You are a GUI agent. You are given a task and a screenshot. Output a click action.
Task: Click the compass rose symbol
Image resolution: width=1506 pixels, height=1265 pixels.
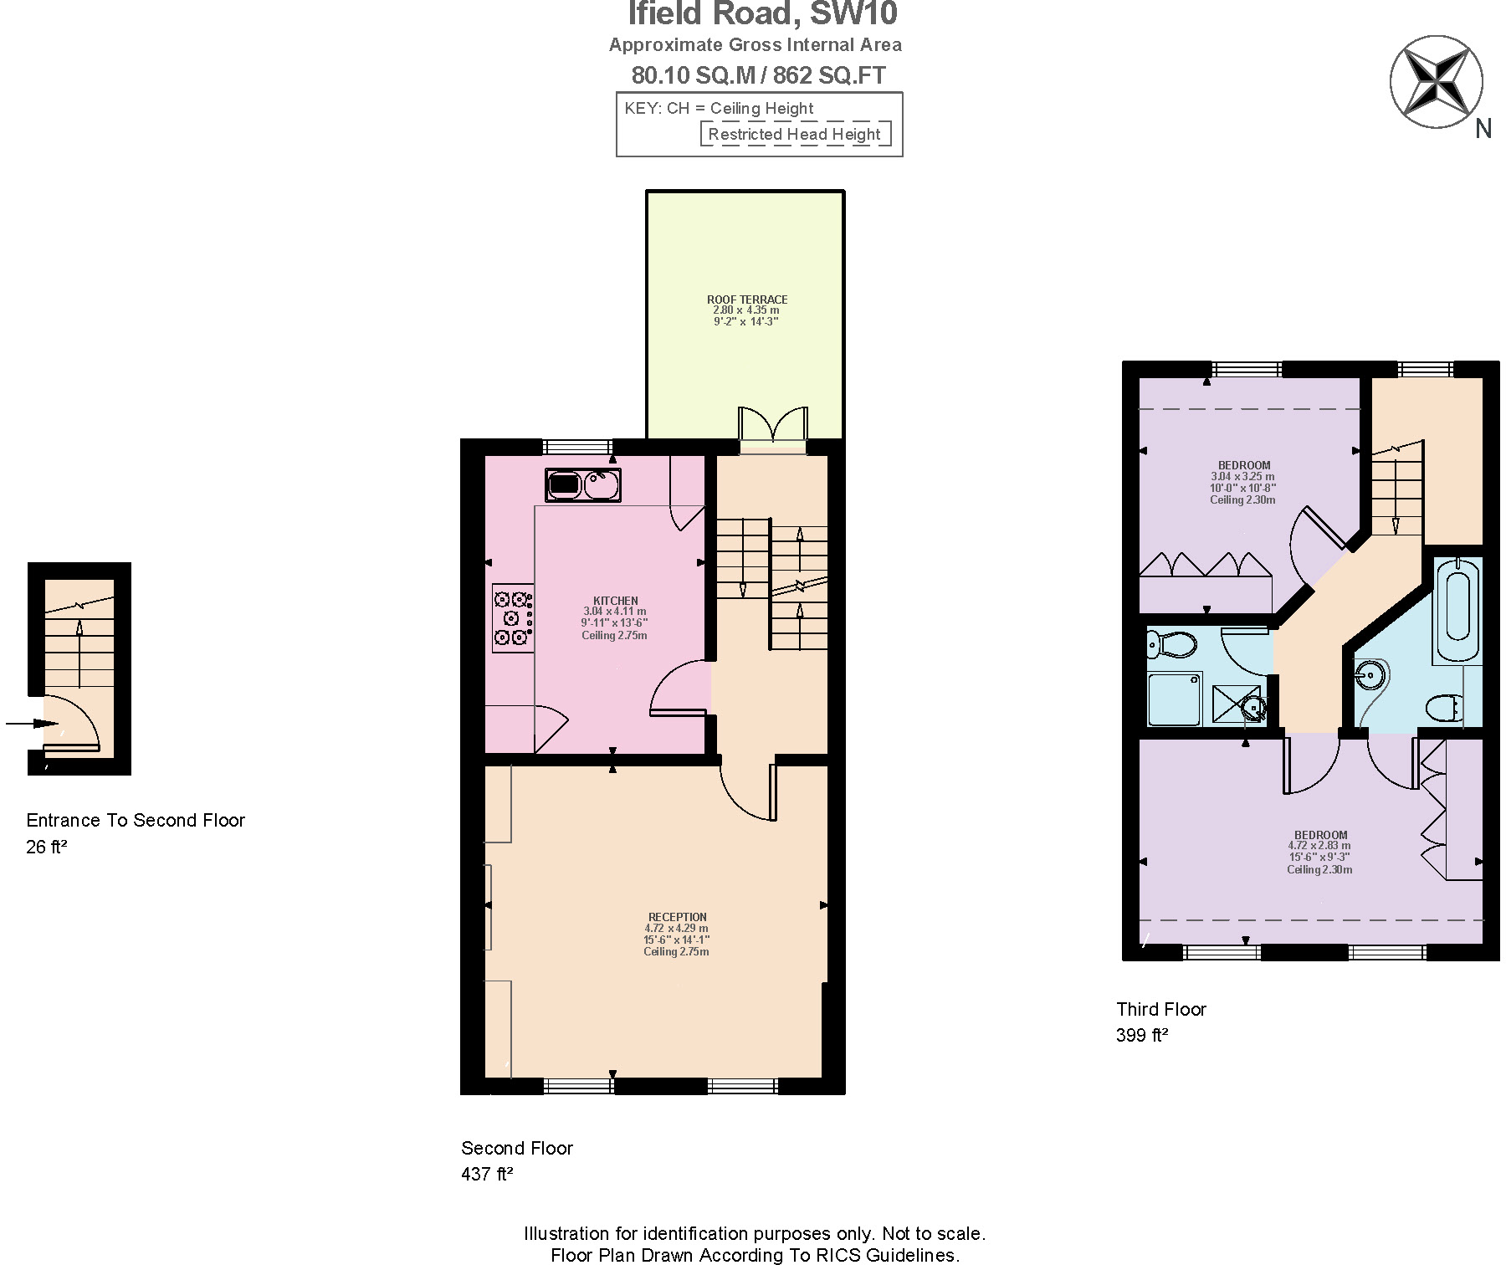[x=1436, y=82]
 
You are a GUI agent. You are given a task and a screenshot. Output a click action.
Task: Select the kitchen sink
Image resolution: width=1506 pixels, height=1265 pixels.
[x=583, y=484]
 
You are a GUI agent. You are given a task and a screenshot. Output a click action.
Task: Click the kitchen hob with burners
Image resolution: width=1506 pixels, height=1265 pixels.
[x=513, y=617]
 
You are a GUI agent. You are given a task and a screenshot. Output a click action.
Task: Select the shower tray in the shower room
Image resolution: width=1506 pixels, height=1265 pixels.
[x=1174, y=699]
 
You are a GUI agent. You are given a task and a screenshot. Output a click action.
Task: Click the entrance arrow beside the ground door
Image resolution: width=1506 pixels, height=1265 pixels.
[x=30, y=723]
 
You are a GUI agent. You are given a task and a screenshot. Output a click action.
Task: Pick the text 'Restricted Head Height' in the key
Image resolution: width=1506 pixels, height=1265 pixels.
[x=794, y=134]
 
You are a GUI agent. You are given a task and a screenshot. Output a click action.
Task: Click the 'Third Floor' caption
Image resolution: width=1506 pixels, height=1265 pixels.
[x=1160, y=1009]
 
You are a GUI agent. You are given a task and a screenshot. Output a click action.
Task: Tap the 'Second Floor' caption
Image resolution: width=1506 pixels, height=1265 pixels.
[x=516, y=1148]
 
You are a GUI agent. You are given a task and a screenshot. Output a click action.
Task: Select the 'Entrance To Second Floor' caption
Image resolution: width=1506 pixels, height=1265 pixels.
[x=136, y=820]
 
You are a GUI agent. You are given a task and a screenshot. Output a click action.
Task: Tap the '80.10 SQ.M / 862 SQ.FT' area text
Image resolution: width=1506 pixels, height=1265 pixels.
[x=758, y=75]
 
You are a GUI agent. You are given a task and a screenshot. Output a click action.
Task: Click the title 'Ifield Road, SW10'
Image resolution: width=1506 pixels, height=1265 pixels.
[x=762, y=14]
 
